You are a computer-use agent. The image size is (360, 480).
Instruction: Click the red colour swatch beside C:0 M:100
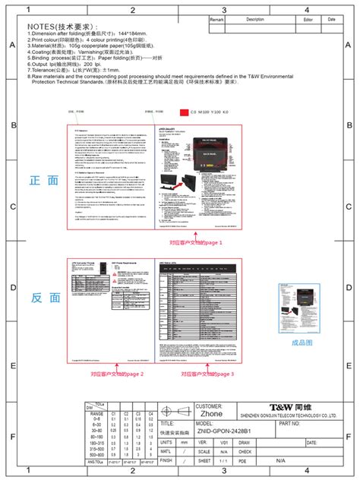click(x=182, y=112)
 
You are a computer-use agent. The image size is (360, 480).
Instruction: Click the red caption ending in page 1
click(x=196, y=243)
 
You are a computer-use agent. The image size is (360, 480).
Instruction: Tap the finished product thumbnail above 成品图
click(x=302, y=298)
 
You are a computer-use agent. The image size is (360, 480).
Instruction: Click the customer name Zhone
click(x=210, y=415)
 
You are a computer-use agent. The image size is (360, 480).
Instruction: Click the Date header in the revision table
click(x=331, y=19)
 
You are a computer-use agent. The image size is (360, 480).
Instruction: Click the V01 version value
click(x=224, y=441)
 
